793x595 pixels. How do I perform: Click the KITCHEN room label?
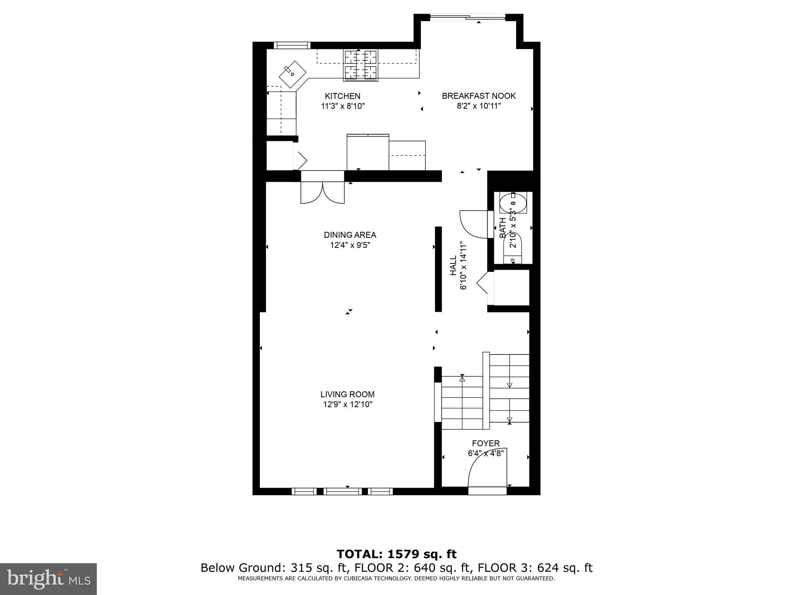342,96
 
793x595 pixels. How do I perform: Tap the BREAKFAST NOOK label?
479,96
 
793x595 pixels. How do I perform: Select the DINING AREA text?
350,235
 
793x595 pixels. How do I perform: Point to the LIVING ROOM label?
347,394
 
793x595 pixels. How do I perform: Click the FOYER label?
486,443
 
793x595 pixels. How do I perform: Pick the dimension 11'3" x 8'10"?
343,106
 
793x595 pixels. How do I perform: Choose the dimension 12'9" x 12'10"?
347,405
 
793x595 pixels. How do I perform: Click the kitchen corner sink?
292,74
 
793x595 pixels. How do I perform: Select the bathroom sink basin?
513,203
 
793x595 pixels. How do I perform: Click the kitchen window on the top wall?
292,45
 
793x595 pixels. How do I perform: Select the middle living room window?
342,491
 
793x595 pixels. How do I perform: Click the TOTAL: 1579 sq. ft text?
396,554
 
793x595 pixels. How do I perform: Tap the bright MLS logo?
48,579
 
